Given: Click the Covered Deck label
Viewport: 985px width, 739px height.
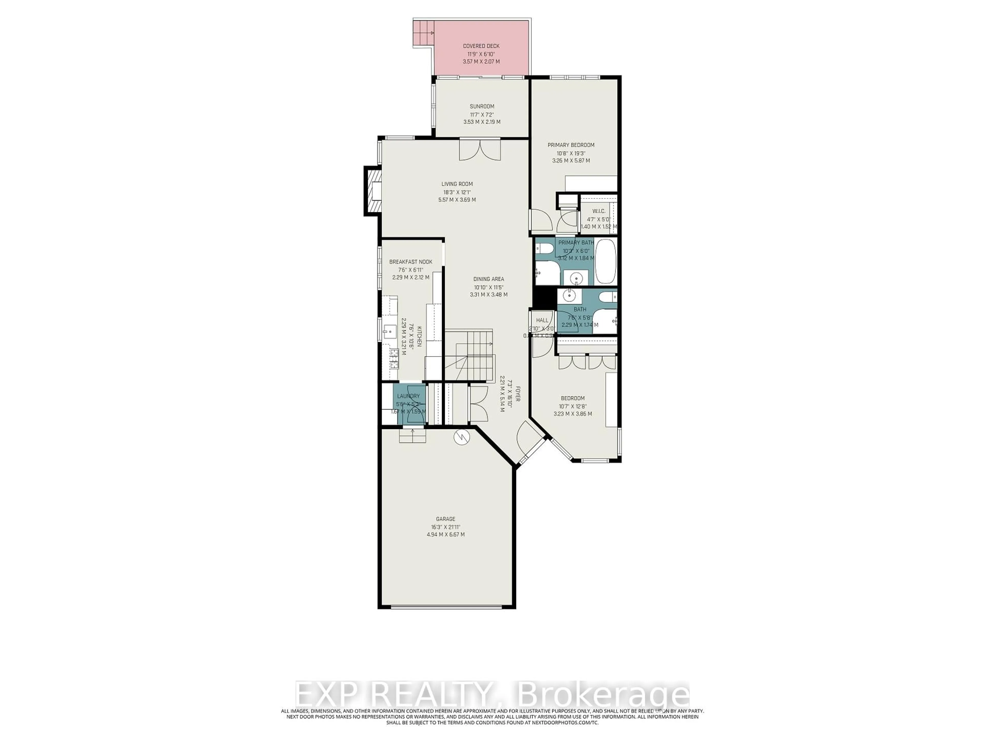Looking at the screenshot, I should coord(481,46).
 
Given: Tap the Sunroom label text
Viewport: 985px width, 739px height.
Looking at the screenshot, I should coord(482,106).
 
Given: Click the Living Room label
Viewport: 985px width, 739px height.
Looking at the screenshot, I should coord(457,184).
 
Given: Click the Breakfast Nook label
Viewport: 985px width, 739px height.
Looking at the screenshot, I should coord(411,262).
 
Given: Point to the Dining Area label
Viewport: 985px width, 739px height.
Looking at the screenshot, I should coord(488,279).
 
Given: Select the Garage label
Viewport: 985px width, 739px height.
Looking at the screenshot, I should coord(445,519).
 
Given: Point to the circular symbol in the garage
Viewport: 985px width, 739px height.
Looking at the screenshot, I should coord(462,438).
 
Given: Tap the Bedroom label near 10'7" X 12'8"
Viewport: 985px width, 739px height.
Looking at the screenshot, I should coord(573,398).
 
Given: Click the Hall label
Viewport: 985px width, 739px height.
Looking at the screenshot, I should coord(542,320).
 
